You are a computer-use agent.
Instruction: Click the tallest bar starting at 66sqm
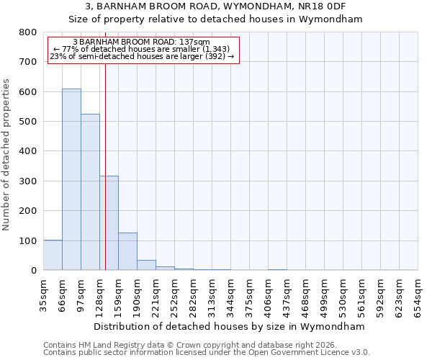pyautogui.click(x=71, y=180)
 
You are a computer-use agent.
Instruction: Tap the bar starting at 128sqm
pyautogui.click(x=109, y=223)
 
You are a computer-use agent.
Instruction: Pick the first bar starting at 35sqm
pyautogui.click(x=53, y=255)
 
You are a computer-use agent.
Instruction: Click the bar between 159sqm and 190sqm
pyautogui.click(x=127, y=251)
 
